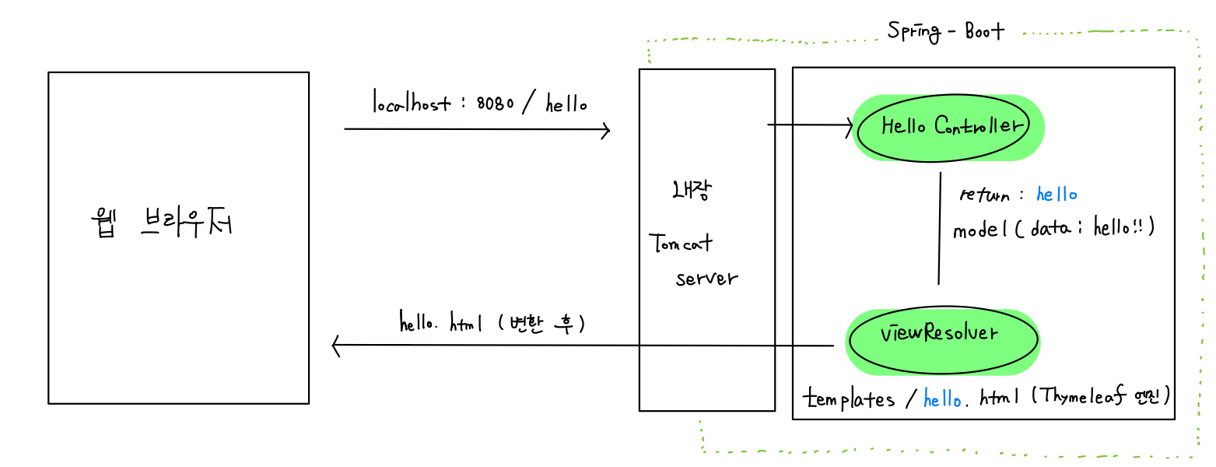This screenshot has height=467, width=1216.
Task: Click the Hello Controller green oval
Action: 949,127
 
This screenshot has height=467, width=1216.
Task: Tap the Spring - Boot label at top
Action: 946,31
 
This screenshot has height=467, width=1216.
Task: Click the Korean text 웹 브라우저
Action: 161,225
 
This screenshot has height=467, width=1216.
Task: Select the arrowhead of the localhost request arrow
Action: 606,130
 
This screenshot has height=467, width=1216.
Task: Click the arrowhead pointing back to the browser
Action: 336,345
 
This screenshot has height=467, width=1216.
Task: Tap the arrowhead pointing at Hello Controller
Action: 850,125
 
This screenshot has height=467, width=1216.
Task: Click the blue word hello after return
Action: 1056,194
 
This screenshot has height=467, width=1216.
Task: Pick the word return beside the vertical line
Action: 986,195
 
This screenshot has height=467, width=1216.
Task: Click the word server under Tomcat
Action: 706,279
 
